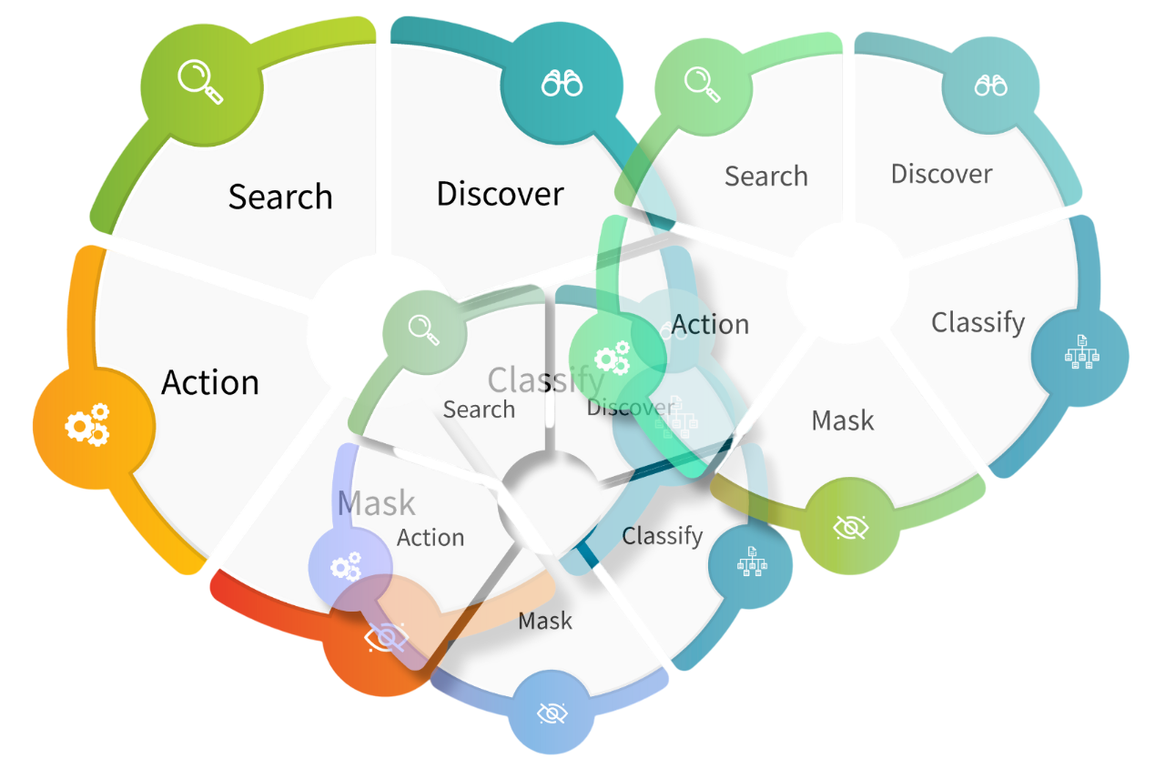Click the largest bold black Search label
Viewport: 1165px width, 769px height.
coord(280,197)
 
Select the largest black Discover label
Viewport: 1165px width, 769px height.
coord(501,194)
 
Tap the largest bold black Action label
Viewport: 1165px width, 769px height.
coord(210,382)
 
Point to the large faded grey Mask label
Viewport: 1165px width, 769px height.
coord(376,503)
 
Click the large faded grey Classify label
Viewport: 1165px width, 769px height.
coord(546,379)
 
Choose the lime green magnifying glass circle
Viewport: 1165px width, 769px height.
coord(201,84)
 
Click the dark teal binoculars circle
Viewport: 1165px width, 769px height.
coord(562,84)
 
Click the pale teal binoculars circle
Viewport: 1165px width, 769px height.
coord(990,85)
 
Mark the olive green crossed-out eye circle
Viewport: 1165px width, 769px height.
coord(849,527)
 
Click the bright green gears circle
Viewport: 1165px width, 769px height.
coord(613,357)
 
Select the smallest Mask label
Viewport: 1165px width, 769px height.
coord(545,622)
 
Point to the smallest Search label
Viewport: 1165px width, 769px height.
coord(479,410)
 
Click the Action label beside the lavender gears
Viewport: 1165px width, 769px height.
coord(431,538)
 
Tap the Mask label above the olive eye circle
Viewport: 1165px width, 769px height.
coord(843,420)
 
